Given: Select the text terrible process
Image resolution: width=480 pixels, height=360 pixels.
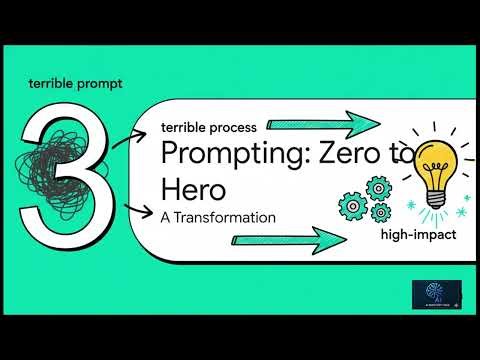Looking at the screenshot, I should [x=208, y=126].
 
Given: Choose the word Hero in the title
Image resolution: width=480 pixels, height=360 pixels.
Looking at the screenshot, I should [x=191, y=188].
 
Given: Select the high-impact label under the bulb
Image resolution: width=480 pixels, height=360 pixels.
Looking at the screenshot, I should [x=418, y=235].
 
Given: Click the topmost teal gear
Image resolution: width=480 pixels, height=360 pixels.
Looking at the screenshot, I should [x=377, y=187].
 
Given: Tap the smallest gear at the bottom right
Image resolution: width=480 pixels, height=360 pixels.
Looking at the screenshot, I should [x=378, y=213].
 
